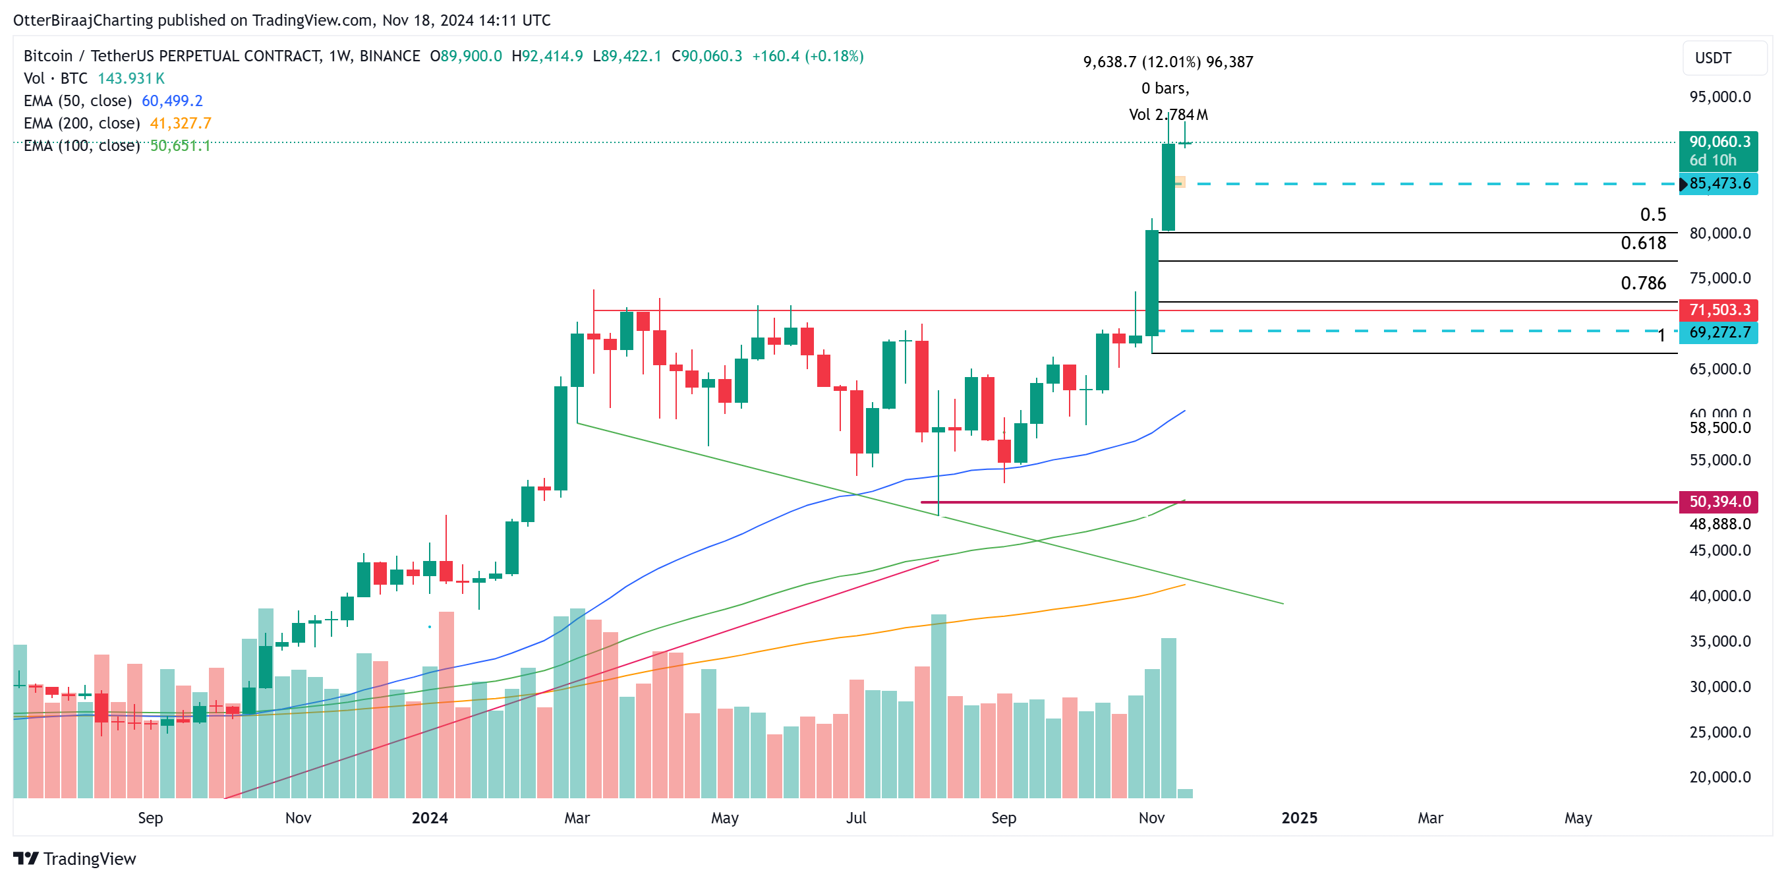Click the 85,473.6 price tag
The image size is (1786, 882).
pyautogui.click(x=1719, y=184)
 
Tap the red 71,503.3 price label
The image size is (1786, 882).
pyautogui.click(x=1719, y=309)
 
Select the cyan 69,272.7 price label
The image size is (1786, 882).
pyautogui.click(x=1719, y=332)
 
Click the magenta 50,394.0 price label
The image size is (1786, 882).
pyautogui.click(x=1719, y=502)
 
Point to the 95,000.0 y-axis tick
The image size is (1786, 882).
pyautogui.click(x=1719, y=96)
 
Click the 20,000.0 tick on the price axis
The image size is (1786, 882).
pyautogui.click(x=1719, y=777)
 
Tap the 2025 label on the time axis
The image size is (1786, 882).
pyautogui.click(x=1298, y=817)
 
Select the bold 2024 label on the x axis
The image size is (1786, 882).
pyautogui.click(x=429, y=817)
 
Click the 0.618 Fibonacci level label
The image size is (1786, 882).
pyautogui.click(x=1642, y=243)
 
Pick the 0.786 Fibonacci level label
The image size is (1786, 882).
pyautogui.click(x=1642, y=283)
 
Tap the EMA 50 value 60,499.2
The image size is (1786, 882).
pyautogui.click(x=172, y=101)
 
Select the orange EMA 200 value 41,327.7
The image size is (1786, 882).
pyautogui.click(x=181, y=123)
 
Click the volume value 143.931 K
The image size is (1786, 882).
pyautogui.click(x=130, y=78)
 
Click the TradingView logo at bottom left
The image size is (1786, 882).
pyautogui.click(x=75, y=858)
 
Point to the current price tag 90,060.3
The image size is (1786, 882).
pyautogui.click(x=1719, y=142)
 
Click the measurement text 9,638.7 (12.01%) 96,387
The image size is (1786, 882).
pyautogui.click(x=1168, y=62)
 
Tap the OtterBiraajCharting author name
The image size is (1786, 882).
pyautogui.click(x=82, y=20)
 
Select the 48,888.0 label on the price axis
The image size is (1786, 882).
pyautogui.click(x=1719, y=523)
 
